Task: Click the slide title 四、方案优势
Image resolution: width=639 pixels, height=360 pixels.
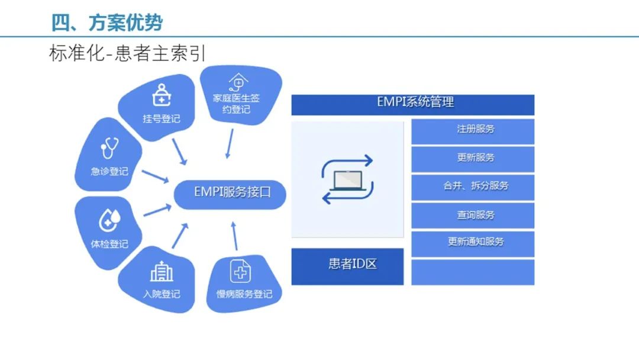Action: (106, 22)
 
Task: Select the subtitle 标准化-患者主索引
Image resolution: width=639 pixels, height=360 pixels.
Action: (127, 53)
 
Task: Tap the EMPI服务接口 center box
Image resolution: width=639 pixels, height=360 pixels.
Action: (231, 192)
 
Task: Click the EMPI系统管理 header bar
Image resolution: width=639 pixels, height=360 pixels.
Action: (413, 104)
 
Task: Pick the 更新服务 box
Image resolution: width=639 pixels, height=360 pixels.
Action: (473, 159)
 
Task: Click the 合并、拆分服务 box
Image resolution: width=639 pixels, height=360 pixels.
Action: (473, 187)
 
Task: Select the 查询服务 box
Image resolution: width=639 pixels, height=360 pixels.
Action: (473, 215)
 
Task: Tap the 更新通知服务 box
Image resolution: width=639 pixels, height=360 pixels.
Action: (473, 243)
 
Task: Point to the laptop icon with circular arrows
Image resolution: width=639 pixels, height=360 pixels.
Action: (347, 179)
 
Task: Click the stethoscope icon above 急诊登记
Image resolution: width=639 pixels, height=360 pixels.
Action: (109, 148)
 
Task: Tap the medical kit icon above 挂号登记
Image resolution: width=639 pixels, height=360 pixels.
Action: (160, 95)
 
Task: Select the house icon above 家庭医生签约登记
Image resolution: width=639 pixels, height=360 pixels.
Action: (237, 82)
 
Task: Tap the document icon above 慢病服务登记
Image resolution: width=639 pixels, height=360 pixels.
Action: (240, 272)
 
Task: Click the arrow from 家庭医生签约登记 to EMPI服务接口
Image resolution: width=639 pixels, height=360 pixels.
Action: (230, 143)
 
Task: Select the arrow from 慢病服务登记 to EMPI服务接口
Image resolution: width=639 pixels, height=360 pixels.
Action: (234, 236)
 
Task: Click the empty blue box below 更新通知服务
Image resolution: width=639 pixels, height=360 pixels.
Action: (473, 272)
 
